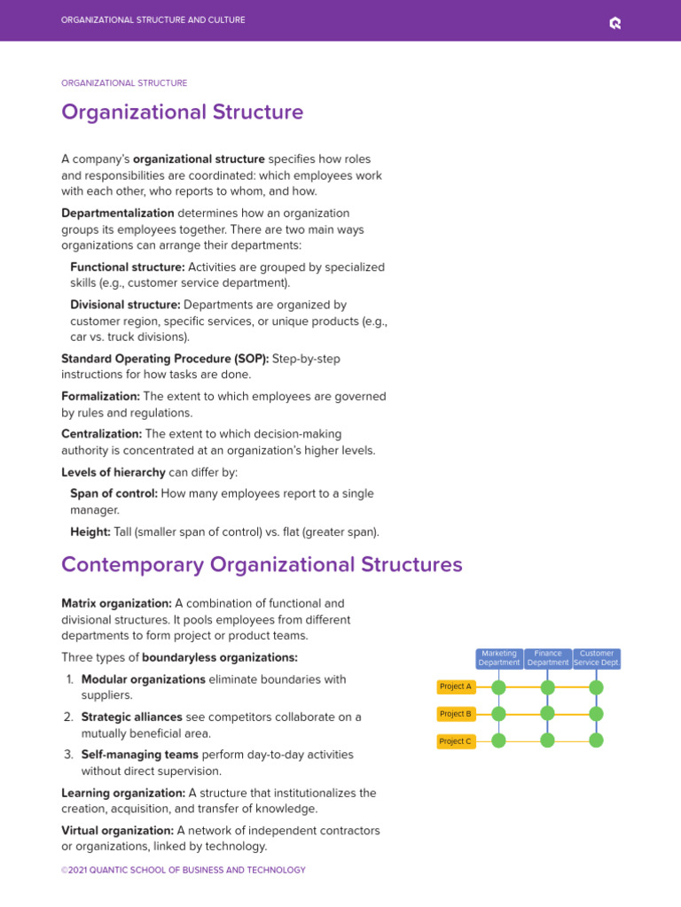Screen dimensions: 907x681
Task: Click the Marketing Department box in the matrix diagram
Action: pos(499,658)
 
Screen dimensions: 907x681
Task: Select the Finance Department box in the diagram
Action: pos(548,658)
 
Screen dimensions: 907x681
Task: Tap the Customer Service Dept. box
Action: pos(597,658)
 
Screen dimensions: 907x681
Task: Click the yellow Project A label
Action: pos(456,686)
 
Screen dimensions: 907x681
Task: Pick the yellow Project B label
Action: pos(456,714)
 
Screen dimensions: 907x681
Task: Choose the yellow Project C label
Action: pos(456,741)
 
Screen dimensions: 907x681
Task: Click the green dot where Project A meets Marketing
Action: pos(498,687)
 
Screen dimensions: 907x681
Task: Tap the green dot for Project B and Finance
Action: pos(547,713)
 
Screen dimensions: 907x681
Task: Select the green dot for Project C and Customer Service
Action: pos(596,740)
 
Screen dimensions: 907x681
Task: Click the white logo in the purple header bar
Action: pos(615,23)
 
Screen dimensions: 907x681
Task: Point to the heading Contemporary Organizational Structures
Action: pos(262,564)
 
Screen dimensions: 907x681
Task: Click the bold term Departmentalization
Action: pos(118,213)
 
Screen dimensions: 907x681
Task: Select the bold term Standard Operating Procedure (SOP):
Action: pos(165,359)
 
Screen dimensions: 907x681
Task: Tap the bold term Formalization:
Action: pos(100,397)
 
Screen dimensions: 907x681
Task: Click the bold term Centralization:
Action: pos(101,434)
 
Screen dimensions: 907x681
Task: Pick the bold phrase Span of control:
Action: pos(113,493)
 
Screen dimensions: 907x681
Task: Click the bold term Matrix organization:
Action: pos(116,603)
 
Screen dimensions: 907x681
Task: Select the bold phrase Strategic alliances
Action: pos(131,717)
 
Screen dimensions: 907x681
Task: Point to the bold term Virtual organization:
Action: pos(117,831)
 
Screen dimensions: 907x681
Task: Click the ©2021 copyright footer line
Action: pos(183,870)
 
